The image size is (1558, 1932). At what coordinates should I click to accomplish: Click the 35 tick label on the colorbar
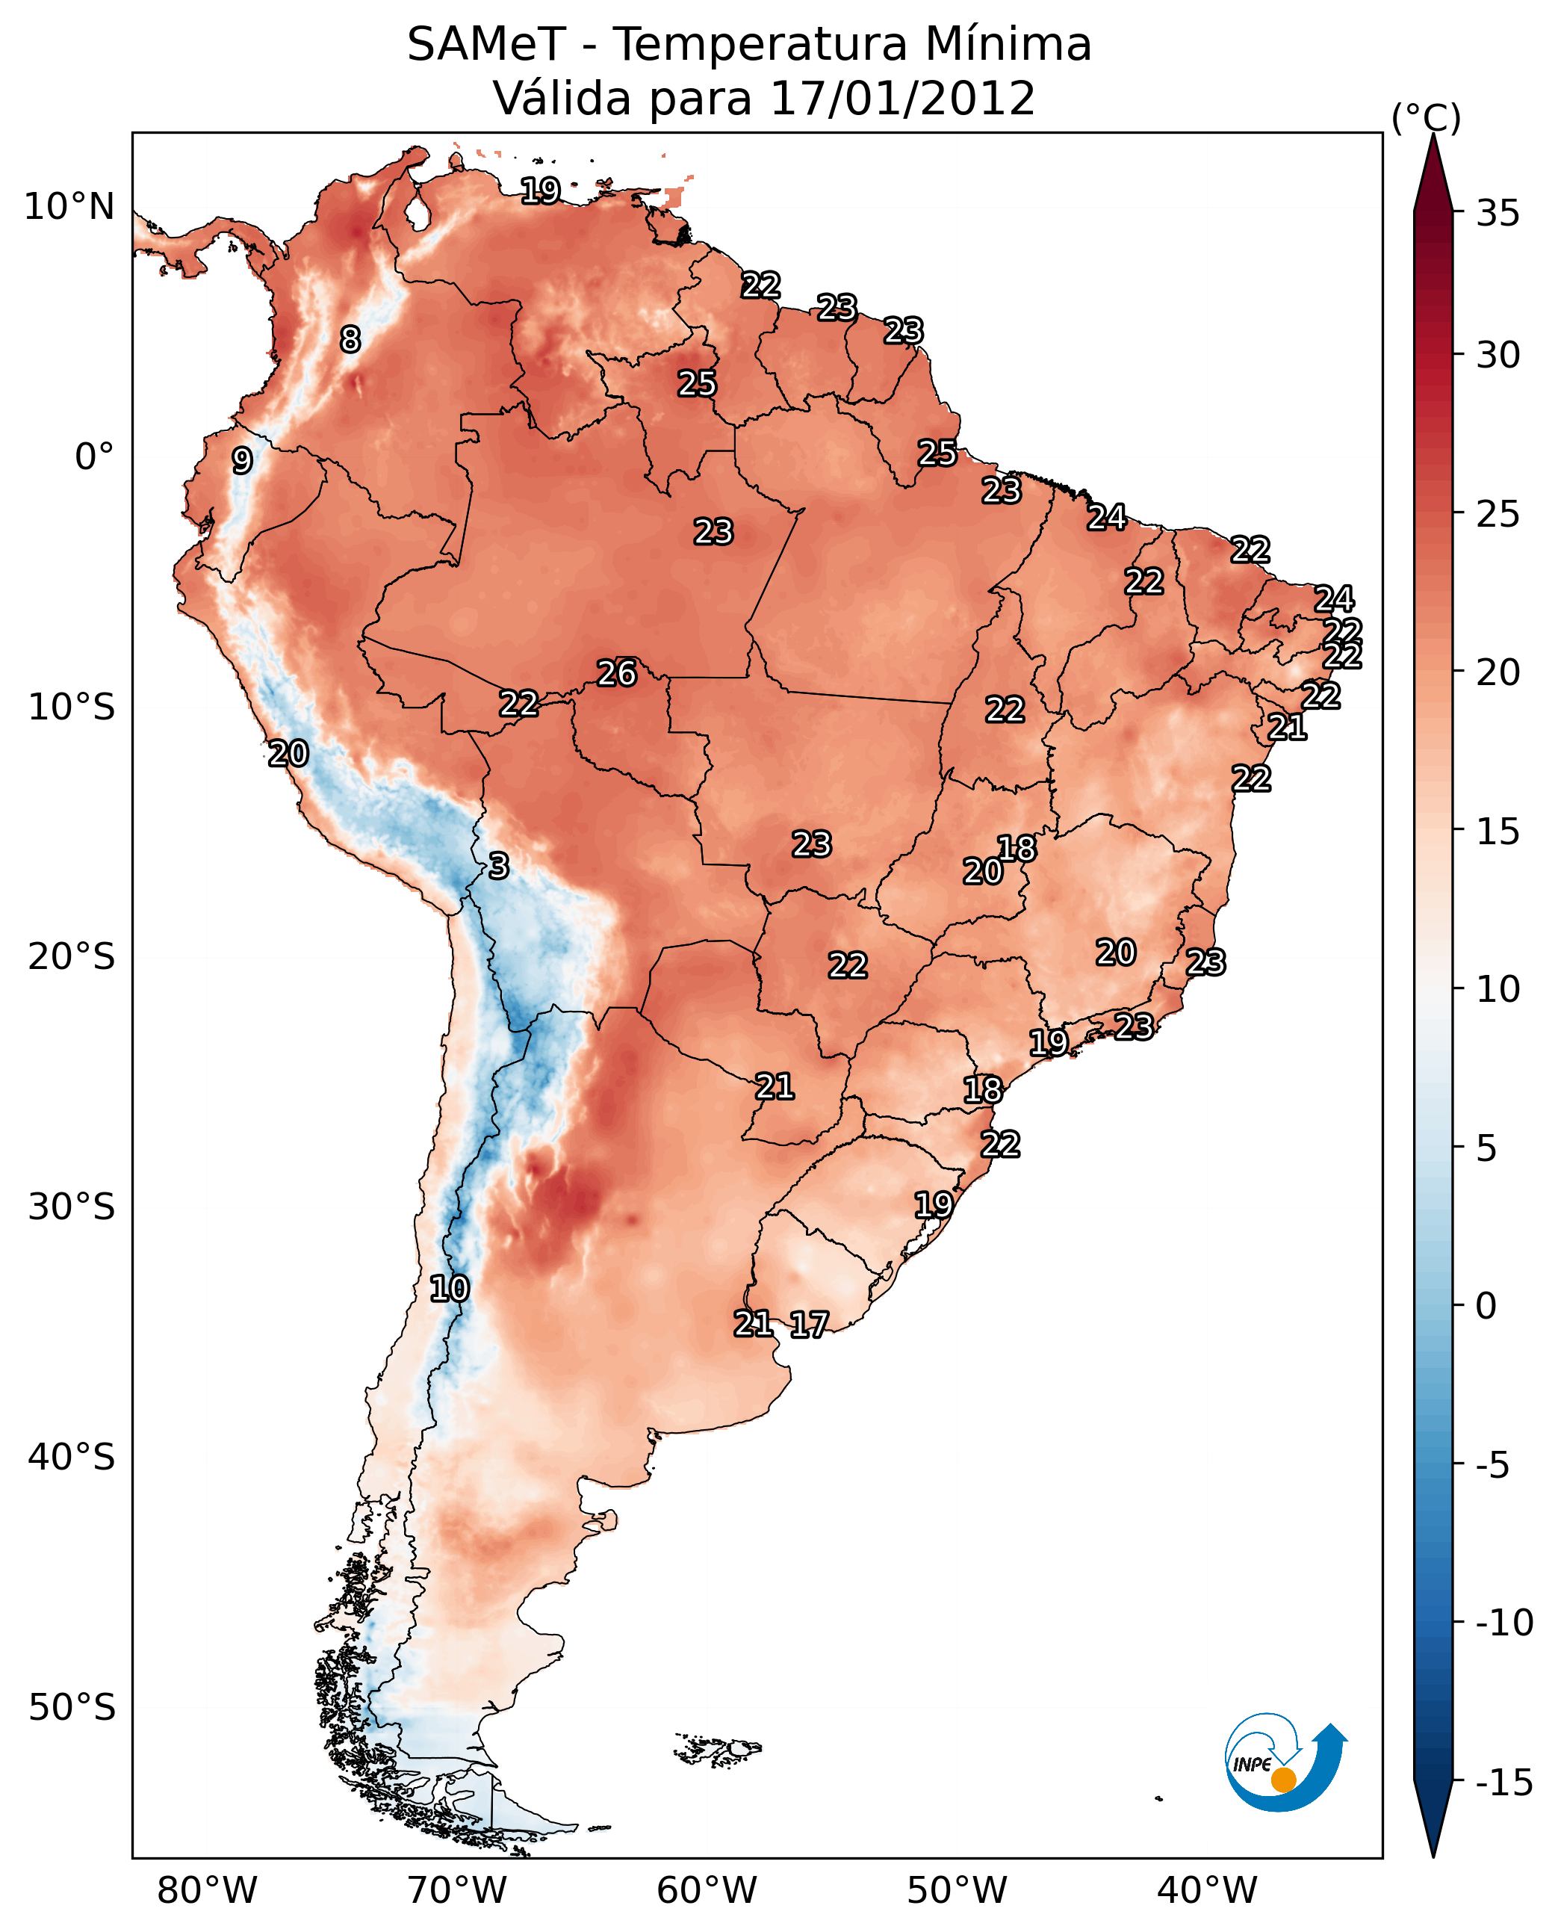(x=1498, y=214)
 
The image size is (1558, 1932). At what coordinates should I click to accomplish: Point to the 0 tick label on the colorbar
(x=1486, y=1305)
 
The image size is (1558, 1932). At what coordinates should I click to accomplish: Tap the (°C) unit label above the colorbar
(x=1426, y=117)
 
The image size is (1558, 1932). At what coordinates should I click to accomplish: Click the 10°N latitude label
(x=69, y=208)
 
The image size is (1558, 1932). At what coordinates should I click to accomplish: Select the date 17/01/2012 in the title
(x=902, y=98)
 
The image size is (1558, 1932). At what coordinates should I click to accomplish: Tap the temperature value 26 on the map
(x=617, y=673)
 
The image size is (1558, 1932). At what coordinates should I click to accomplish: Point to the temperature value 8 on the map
(x=350, y=339)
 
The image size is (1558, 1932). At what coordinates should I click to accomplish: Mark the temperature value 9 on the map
(x=242, y=460)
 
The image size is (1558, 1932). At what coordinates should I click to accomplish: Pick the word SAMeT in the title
(x=486, y=44)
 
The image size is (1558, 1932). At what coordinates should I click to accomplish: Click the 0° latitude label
(x=94, y=457)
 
